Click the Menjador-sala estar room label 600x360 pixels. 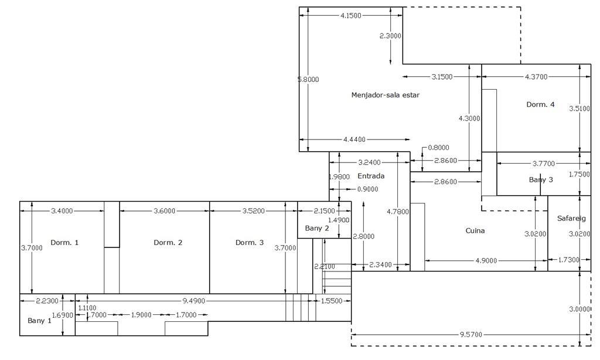click(x=385, y=95)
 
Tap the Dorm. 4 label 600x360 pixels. click(x=540, y=104)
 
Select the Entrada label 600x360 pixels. click(x=371, y=176)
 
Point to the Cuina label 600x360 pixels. click(x=475, y=230)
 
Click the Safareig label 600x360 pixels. click(x=571, y=218)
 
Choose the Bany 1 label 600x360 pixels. click(x=39, y=321)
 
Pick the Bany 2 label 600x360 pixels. click(x=317, y=228)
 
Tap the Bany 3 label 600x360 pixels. click(x=541, y=179)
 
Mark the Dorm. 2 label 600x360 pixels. click(x=168, y=243)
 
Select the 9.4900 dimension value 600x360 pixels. click(x=194, y=301)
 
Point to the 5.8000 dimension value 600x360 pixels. click(x=308, y=79)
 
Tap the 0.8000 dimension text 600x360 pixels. click(x=439, y=148)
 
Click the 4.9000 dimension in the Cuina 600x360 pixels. click(x=486, y=260)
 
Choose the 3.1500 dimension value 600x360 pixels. click(x=442, y=77)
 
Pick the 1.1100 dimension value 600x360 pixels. click(x=87, y=308)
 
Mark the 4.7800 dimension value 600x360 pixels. click(x=398, y=212)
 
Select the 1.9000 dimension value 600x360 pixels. click(x=141, y=315)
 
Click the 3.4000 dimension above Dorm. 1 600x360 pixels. click(x=62, y=210)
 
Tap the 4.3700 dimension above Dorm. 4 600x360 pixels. click(x=536, y=77)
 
